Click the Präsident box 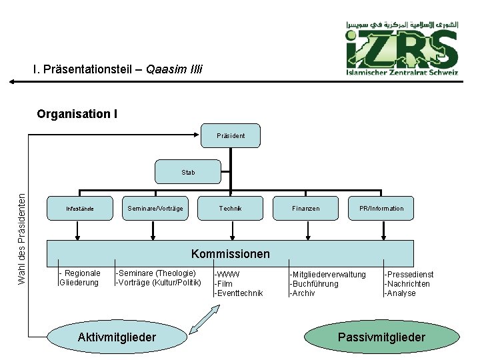(x=230, y=135)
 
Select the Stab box (x=188, y=172)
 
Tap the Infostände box (x=79, y=209)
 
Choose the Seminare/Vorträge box (x=155, y=209)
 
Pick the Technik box (x=230, y=209)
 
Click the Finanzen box (x=305, y=209)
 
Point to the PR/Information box (x=381, y=209)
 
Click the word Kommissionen (x=230, y=254)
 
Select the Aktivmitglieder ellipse (x=117, y=337)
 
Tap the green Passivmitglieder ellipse (x=381, y=337)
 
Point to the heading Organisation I (x=77, y=113)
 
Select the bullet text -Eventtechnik (x=239, y=293)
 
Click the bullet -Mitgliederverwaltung (x=327, y=274)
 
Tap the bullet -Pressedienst (x=409, y=274)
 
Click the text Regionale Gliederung (x=79, y=278)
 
